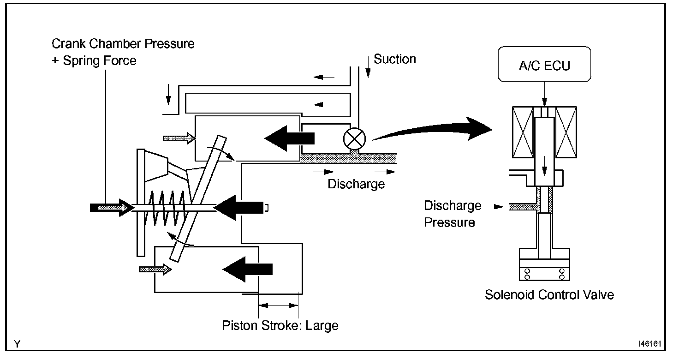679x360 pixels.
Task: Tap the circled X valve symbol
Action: click(x=354, y=138)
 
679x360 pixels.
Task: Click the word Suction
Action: click(x=395, y=59)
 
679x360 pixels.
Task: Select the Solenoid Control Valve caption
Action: click(x=549, y=295)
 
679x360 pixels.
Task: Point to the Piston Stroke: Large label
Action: click(x=280, y=325)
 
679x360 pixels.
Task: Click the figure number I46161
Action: click(x=649, y=344)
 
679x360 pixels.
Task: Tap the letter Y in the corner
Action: click(x=17, y=344)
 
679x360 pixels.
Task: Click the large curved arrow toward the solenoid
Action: click(x=432, y=129)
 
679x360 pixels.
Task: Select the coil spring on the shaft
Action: click(x=166, y=208)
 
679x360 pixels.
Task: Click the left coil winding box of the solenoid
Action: click(x=523, y=132)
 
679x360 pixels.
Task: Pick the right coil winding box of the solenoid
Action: click(x=566, y=132)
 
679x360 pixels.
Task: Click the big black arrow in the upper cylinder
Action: click(x=290, y=138)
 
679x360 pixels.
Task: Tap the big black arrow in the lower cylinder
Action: click(x=248, y=270)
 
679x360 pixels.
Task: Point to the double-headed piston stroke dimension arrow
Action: click(x=278, y=305)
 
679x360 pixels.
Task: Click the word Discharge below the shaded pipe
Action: click(x=356, y=184)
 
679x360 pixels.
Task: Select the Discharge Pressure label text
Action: click(x=452, y=214)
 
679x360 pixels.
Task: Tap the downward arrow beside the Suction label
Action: click(x=368, y=67)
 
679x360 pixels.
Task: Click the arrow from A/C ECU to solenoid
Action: click(x=544, y=94)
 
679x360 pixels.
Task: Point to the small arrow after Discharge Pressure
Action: click(x=494, y=207)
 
